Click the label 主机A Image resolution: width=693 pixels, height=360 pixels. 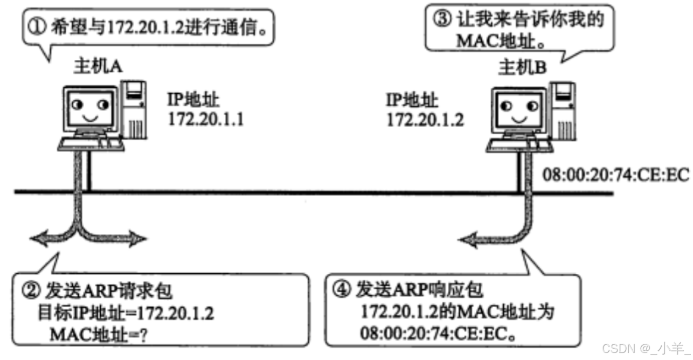98,66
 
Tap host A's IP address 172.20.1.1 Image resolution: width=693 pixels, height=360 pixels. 206,119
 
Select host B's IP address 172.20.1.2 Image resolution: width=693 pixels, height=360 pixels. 425,119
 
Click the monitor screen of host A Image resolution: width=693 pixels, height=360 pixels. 89,107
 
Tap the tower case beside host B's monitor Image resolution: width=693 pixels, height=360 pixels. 563,107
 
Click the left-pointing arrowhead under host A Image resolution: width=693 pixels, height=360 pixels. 39,238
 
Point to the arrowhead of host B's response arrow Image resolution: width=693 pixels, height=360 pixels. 467,238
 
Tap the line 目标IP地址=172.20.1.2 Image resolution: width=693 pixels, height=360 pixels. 125,313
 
